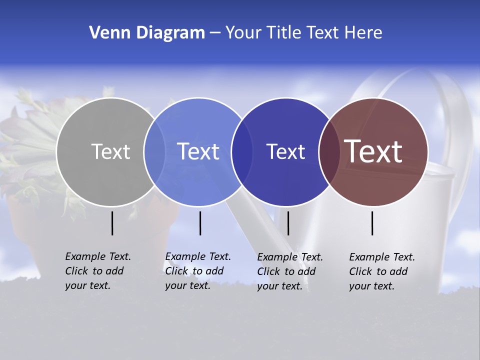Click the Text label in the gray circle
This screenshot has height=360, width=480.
click(110, 151)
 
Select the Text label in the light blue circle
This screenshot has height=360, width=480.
click(198, 151)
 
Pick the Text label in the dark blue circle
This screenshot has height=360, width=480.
click(285, 151)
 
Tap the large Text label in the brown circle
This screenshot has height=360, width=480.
click(373, 151)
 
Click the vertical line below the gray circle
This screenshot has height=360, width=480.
click(112, 223)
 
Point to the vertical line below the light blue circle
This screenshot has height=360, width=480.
click(200, 223)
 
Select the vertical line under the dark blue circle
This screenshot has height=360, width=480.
click(288, 223)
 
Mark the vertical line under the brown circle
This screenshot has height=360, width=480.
click(372, 223)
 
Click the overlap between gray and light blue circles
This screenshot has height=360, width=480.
click(154, 151)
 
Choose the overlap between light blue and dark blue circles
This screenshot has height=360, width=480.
click(241, 151)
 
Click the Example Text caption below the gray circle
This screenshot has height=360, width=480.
click(97, 271)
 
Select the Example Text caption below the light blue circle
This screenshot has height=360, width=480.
click(197, 271)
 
